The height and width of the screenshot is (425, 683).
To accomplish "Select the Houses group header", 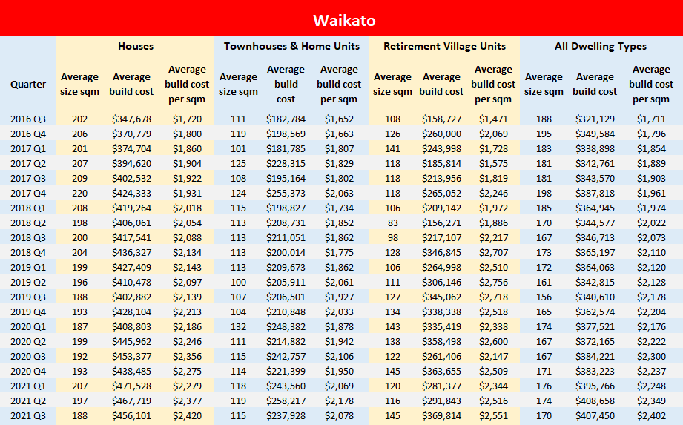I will tap(136, 46).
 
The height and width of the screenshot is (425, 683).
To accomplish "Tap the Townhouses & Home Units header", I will tap(291, 46).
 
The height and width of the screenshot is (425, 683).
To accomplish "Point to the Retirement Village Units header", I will tap(444, 46).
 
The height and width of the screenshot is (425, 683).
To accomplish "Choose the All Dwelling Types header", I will tap(601, 46).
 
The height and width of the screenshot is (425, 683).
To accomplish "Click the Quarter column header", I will tap(28, 84).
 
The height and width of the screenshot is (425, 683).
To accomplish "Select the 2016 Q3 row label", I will tap(28, 119).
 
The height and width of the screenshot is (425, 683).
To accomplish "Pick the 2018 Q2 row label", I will tap(28, 223).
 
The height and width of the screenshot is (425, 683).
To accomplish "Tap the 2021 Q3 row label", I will tap(28, 415).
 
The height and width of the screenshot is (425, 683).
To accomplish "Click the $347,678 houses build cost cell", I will tap(133, 119).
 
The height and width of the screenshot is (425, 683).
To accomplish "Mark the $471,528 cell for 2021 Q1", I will tap(133, 386).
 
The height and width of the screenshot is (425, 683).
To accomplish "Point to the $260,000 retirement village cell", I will tap(441, 134).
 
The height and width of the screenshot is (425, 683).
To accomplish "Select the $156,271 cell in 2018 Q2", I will tap(441, 223).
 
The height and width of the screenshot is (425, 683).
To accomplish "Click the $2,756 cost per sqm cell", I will tap(493, 282).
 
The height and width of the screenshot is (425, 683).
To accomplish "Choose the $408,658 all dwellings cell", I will tap(595, 401).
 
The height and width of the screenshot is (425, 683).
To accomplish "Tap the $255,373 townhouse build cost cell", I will tap(286, 193).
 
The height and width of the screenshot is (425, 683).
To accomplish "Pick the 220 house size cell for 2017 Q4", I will tap(79, 193).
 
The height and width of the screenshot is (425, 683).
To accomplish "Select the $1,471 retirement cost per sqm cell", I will tap(493, 119).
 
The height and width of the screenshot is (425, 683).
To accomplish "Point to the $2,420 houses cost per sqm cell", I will tap(187, 415).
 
